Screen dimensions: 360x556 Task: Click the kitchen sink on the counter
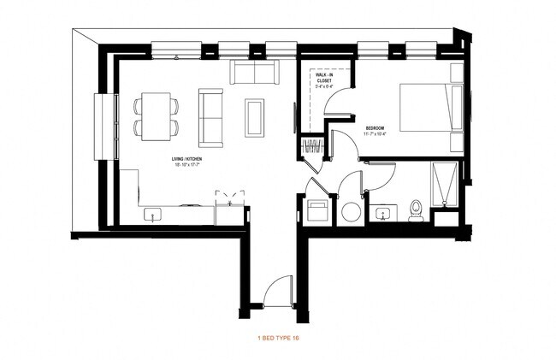coord(155,214)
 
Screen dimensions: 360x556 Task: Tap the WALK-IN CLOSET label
coord(326,80)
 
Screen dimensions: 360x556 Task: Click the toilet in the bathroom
coord(417,208)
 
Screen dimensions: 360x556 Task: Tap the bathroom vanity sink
coord(382,212)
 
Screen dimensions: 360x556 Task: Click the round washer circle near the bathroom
coord(352,211)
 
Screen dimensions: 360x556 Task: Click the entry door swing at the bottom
coord(278,293)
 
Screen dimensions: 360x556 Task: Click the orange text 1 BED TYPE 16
coord(278,339)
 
